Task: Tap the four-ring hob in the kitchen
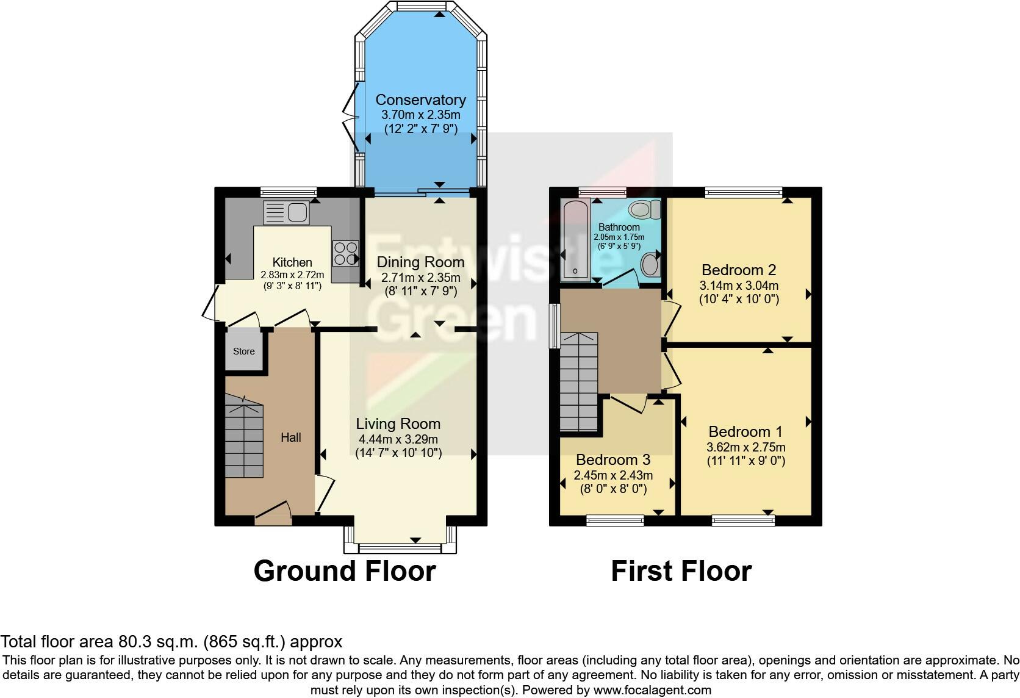tap(345, 254)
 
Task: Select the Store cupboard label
tap(244, 351)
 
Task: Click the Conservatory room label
tap(420, 99)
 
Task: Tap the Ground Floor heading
tap(345, 571)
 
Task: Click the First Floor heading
tap(681, 571)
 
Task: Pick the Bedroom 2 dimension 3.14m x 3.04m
tap(739, 286)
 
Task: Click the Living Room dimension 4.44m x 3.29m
tap(398, 439)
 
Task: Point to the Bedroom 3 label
tap(613, 459)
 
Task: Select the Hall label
tap(291, 437)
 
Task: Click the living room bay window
tap(400, 547)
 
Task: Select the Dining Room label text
tap(420, 262)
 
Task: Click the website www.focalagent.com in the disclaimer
tap(652, 690)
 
